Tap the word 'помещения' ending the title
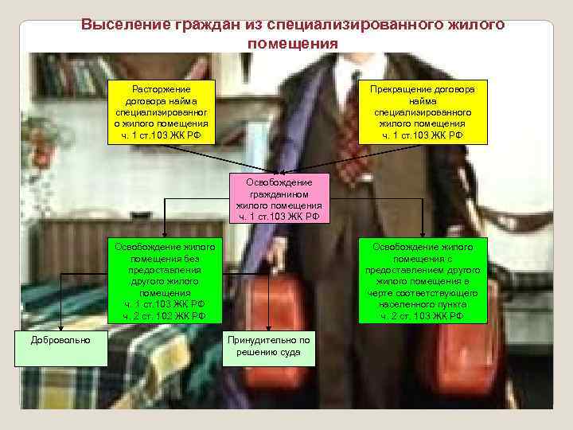click(292, 42)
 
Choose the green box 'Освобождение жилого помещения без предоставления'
click(165, 281)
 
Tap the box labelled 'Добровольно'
click(60, 341)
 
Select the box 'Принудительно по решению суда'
click(268, 346)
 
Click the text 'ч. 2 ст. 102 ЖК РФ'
click(165, 316)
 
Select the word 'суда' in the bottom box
click(287, 352)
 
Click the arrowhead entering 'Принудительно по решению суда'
click(268, 328)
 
